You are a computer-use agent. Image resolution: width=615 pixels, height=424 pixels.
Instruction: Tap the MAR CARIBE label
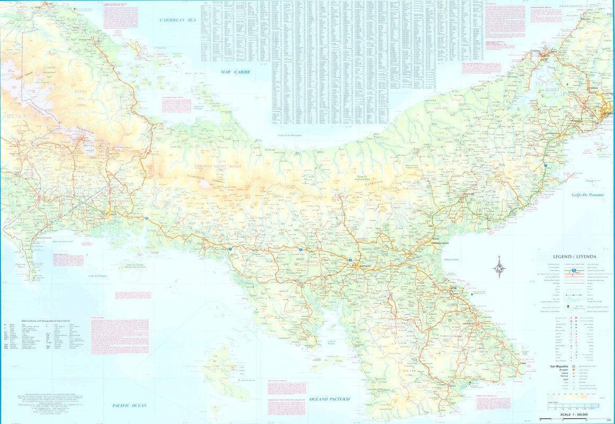coord(236,72)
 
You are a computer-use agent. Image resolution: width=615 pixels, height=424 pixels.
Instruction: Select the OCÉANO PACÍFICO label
coord(329,399)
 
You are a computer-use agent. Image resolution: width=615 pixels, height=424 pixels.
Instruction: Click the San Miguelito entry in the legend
coord(558,366)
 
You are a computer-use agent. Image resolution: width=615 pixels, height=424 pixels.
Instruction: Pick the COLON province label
coord(441,108)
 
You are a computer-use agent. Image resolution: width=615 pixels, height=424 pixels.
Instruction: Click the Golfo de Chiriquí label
coord(99,276)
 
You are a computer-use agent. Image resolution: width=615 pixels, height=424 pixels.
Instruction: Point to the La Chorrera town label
coord(552,134)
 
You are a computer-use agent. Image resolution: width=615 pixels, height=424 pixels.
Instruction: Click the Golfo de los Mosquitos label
coord(290,136)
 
